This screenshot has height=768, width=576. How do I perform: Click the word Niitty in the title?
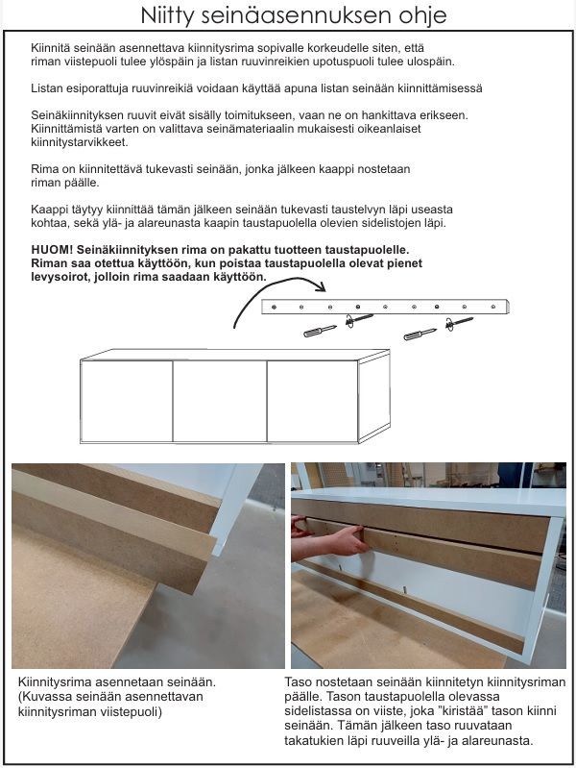[167, 16]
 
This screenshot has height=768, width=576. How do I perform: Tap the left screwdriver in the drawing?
[320, 330]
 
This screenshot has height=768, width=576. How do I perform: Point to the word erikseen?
[443, 114]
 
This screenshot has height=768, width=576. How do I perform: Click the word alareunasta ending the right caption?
[486, 741]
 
